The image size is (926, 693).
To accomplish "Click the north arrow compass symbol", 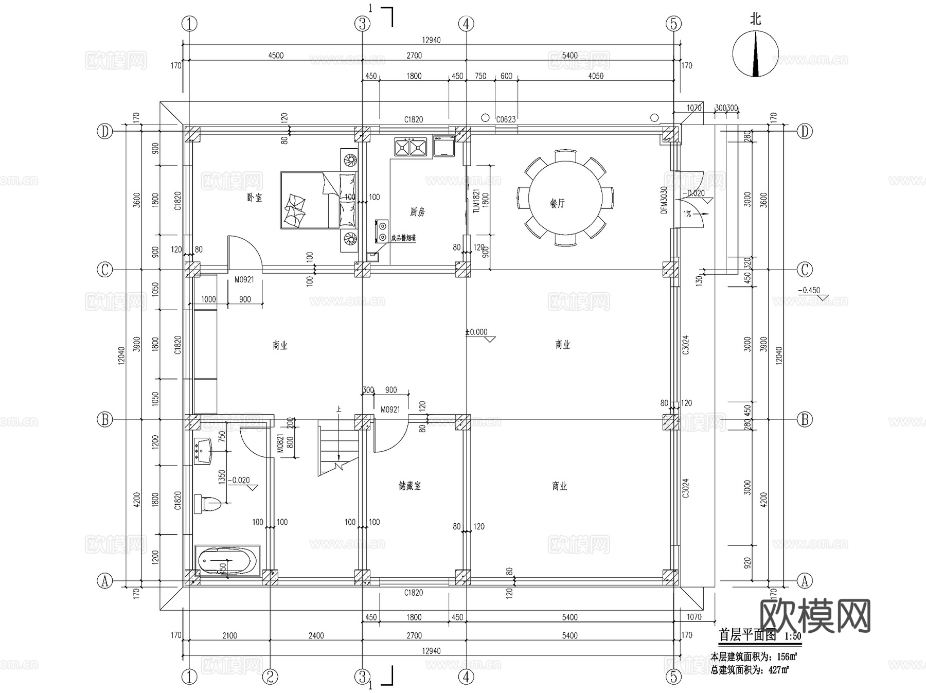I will [x=755, y=54].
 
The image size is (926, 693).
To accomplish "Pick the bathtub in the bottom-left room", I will [x=227, y=560].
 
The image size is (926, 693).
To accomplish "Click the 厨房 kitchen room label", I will [x=417, y=212].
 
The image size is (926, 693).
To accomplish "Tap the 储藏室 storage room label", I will [x=409, y=486].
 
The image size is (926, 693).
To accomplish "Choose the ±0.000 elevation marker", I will [x=476, y=332].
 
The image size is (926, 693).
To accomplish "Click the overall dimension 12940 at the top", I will [x=431, y=40].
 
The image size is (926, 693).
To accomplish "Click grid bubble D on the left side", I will [x=104, y=132].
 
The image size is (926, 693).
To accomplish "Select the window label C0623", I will [x=505, y=119].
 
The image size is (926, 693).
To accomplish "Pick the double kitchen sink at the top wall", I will [x=410, y=146].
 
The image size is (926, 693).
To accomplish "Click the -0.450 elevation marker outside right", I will [x=809, y=291].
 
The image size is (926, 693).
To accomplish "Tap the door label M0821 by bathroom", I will [x=280, y=443].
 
